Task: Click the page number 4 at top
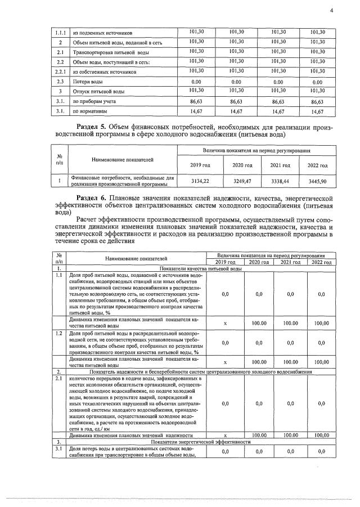point(331,10)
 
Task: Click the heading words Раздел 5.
point(91,127)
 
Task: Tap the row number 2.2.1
point(60,72)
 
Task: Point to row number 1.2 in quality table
point(60,334)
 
